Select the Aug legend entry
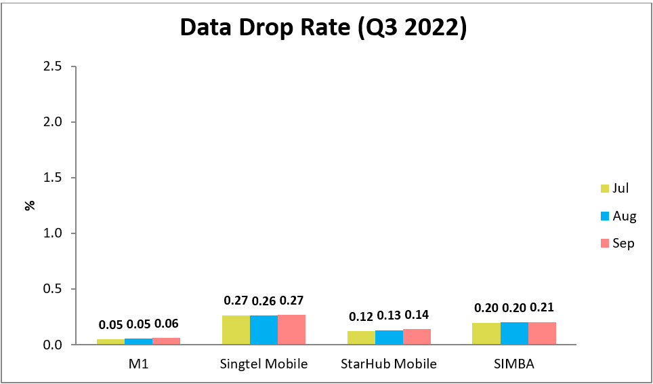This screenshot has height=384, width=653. (x=617, y=216)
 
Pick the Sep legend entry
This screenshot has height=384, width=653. (x=616, y=243)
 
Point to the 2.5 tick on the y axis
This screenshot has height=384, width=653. (x=52, y=66)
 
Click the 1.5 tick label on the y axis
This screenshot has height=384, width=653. (x=52, y=178)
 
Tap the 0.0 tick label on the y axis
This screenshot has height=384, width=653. (x=52, y=345)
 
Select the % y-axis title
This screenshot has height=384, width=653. (x=29, y=205)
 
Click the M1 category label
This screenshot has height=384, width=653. (x=138, y=364)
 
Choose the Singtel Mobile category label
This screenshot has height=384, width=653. (x=264, y=364)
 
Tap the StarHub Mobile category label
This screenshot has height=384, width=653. (x=389, y=364)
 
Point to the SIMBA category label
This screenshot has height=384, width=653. (x=514, y=364)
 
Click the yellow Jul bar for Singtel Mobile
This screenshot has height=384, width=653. (x=236, y=330)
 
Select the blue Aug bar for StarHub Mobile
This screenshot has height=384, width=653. (x=389, y=337)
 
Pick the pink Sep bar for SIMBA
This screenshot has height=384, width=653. (x=542, y=333)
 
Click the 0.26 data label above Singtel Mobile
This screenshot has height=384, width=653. (x=264, y=301)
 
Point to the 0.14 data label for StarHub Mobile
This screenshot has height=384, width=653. (x=417, y=315)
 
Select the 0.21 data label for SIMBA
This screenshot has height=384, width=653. (x=542, y=307)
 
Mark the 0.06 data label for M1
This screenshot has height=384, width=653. (x=166, y=324)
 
